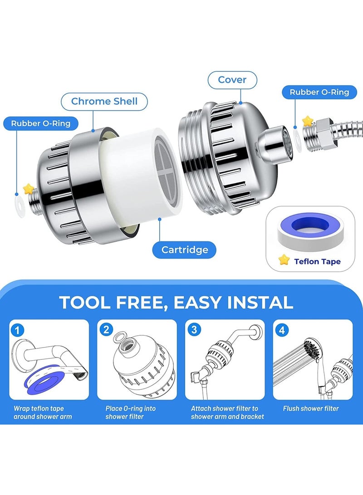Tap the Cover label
tap(232, 80)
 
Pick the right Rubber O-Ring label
tap(319, 92)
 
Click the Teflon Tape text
tap(317, 261)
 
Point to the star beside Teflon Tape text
tap(284, 260)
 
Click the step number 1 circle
tap(18, 330)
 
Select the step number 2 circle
tap(106, 330)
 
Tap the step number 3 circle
tap(194, 330)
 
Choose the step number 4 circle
tap(282, 330)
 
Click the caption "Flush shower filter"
tap(311, 409)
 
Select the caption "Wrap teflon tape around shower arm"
tap(42, 412)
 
